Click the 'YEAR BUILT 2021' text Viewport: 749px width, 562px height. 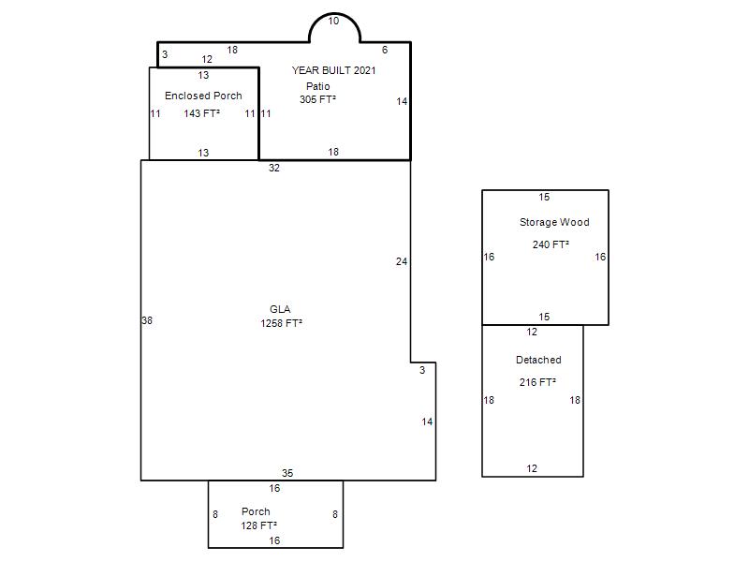pos(334,70)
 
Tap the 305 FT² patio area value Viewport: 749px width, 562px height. pos(317,99)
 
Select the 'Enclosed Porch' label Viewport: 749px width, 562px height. pos(203,96)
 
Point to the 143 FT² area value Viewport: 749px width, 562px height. pos(202,113)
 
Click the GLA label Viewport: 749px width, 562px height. pos(280,309)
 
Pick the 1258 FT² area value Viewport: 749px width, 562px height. pos(282,323)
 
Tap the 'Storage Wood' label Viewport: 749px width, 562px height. pos(554,222)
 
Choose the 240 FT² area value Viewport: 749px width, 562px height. pos(551,244)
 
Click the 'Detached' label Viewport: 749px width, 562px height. pos(538,360)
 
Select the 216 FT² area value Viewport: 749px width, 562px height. pos(537,382)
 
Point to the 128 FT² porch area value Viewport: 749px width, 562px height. pos(259,525)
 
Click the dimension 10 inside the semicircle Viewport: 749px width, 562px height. pos(333,21)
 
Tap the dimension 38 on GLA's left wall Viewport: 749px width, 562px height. pos(147,320)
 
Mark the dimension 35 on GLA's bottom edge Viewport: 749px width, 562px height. pos(287,473)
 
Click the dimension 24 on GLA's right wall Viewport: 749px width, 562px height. pos(402,261)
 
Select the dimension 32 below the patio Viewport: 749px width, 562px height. pos(274,168)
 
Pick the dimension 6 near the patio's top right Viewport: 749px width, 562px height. pos(385,50)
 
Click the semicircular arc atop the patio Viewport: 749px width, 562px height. pos(334,14)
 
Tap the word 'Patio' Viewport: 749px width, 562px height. pos(318,86)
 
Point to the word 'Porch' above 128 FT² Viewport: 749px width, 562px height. pos(256,511)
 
